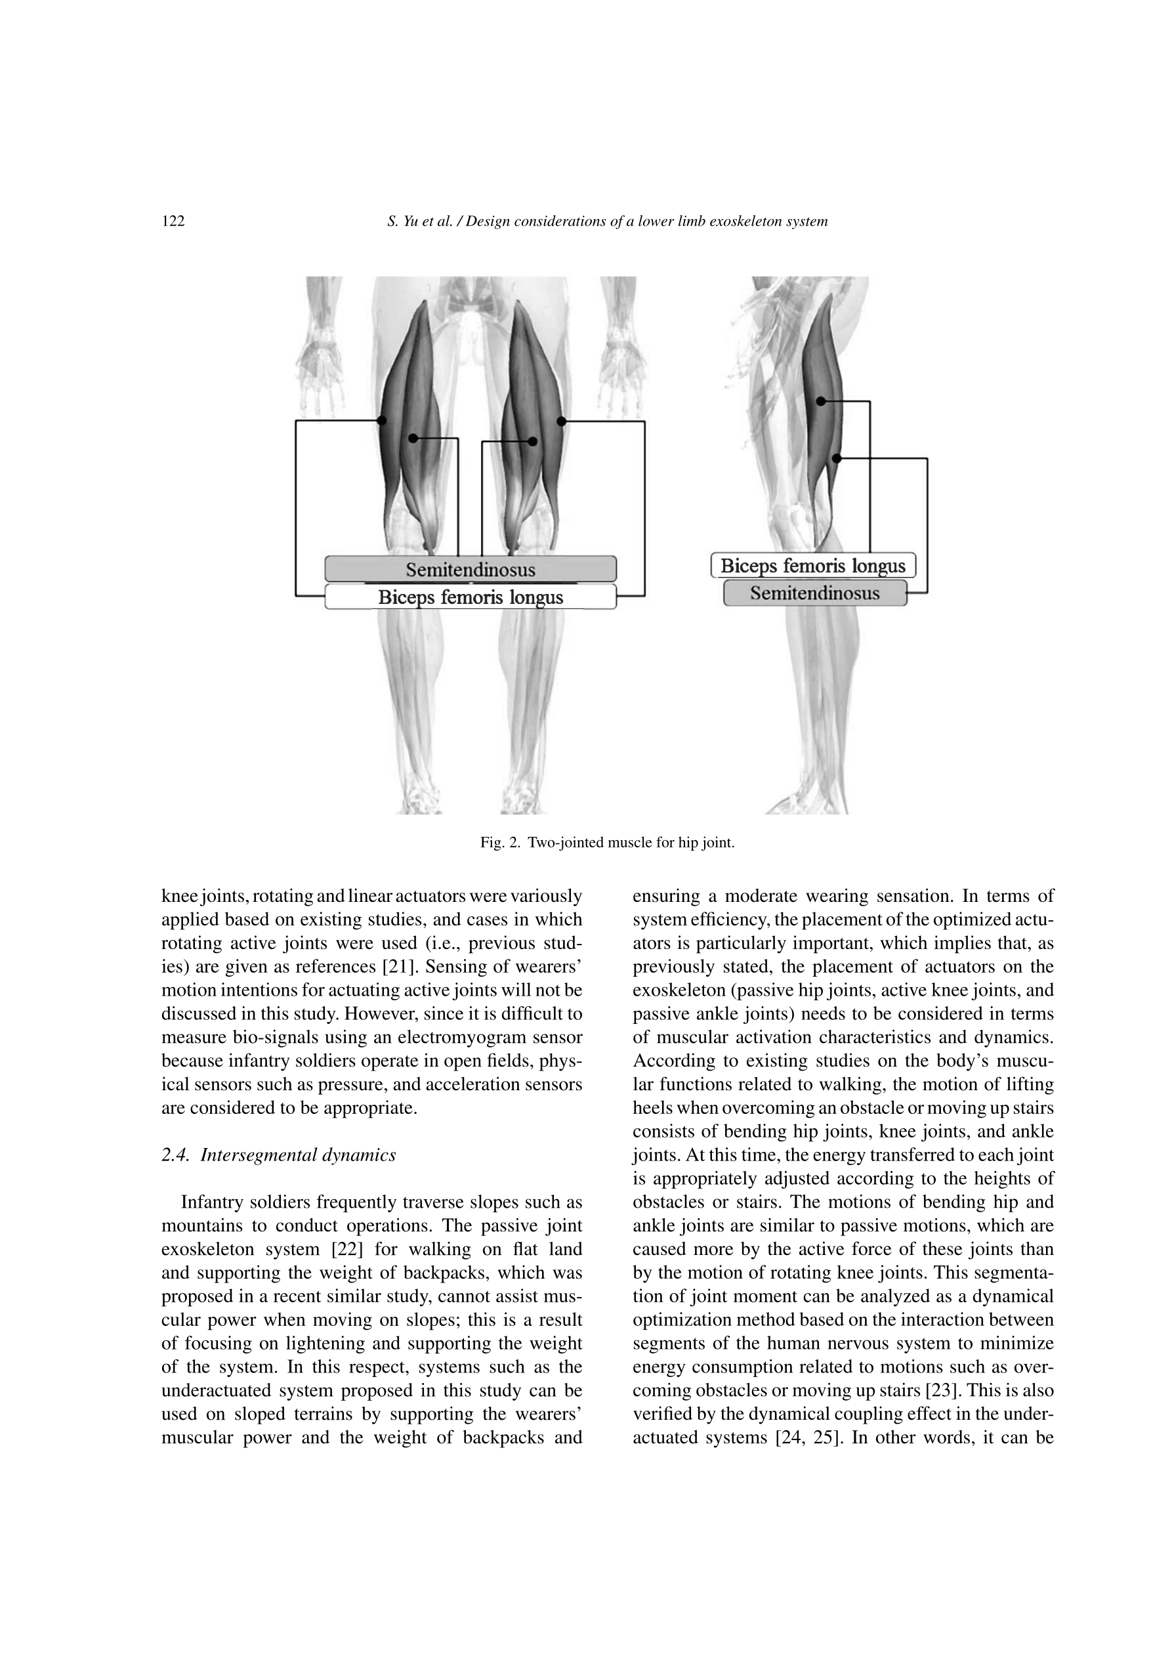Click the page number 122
(x=173, y=222)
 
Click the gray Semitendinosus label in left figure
(x=470, y=570)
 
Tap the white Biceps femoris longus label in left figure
(x=470, y=597)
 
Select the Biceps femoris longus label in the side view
(x=812, y=565)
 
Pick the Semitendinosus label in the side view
(x=814, y=593)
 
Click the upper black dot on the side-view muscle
(x=820, y=402)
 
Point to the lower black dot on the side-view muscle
(x=837, y=459)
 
